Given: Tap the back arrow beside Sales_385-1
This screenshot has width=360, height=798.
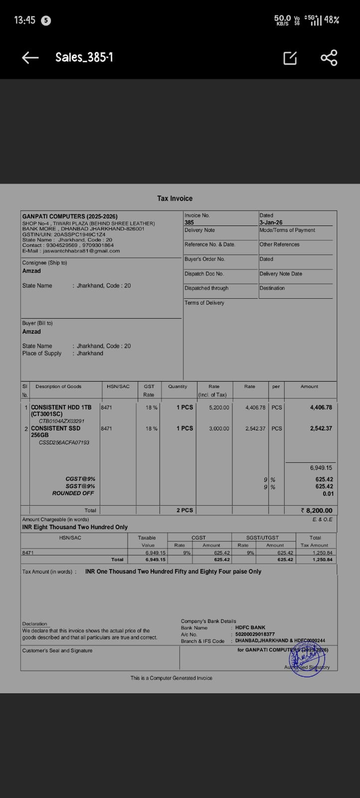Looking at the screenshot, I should pyautogui.click(x=30, y=58).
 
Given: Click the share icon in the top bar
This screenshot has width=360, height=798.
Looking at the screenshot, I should pyautogui.click(x=329, y=58).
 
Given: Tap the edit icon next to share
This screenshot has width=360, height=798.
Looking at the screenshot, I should pyautogui.click(x=290, y=58).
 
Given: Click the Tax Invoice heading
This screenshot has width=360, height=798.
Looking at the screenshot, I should pyautogui.click(x=175, y=199).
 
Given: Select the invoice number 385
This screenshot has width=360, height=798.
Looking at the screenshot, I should pyautogui.click(x=189, y=222).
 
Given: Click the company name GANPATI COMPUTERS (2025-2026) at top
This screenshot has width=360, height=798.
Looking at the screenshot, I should pyautogui.click(x=70, y=216).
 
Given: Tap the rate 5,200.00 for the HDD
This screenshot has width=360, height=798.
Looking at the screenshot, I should pyautogui.click(x=219, y=407).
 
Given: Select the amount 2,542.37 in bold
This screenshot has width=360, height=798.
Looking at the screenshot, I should pyautogui.click(x=321, y=428).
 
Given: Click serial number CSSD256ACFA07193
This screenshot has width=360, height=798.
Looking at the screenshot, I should pyautogui.click(x=64, y=442).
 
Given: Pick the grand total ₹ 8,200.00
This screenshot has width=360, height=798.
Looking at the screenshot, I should pyautogui.click(x=317, y=510).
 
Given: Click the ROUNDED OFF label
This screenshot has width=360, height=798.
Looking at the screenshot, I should pyautogui.click(x=73, y=493).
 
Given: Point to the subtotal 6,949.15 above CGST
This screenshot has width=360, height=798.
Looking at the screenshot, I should pyautogui.click(x=321, y=468).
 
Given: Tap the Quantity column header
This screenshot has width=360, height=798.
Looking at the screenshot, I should pyautogui.click(x=178, y=387).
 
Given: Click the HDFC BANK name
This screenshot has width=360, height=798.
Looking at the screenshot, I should pyautogui.click(x=250, y=627).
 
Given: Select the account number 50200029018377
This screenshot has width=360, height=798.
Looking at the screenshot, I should pyautogui.click(x=255, y=634).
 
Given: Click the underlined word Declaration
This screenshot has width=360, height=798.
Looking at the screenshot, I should pyautogui.click(x=34, y=624).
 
